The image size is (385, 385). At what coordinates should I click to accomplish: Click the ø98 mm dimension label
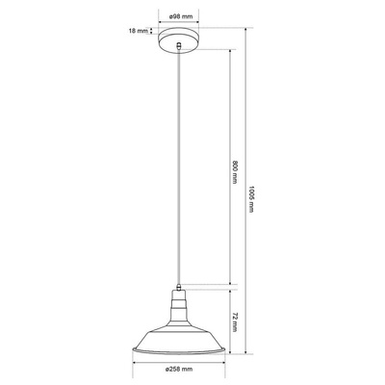[179, 16]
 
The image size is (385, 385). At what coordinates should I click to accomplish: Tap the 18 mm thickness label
[139, 31]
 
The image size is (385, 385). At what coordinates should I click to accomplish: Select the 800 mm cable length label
[235, 172]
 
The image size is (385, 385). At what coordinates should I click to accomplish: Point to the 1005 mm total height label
[251, 199]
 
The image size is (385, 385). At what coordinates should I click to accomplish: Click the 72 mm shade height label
[235, 321]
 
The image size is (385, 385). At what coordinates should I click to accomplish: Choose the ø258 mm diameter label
[179, 370]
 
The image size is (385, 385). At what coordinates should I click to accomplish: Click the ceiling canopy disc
[179, 41]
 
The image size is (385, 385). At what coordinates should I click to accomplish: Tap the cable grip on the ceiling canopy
[180, 46]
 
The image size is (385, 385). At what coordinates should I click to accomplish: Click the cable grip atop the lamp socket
[179, 287]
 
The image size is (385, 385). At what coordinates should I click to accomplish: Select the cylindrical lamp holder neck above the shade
[179, 304]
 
